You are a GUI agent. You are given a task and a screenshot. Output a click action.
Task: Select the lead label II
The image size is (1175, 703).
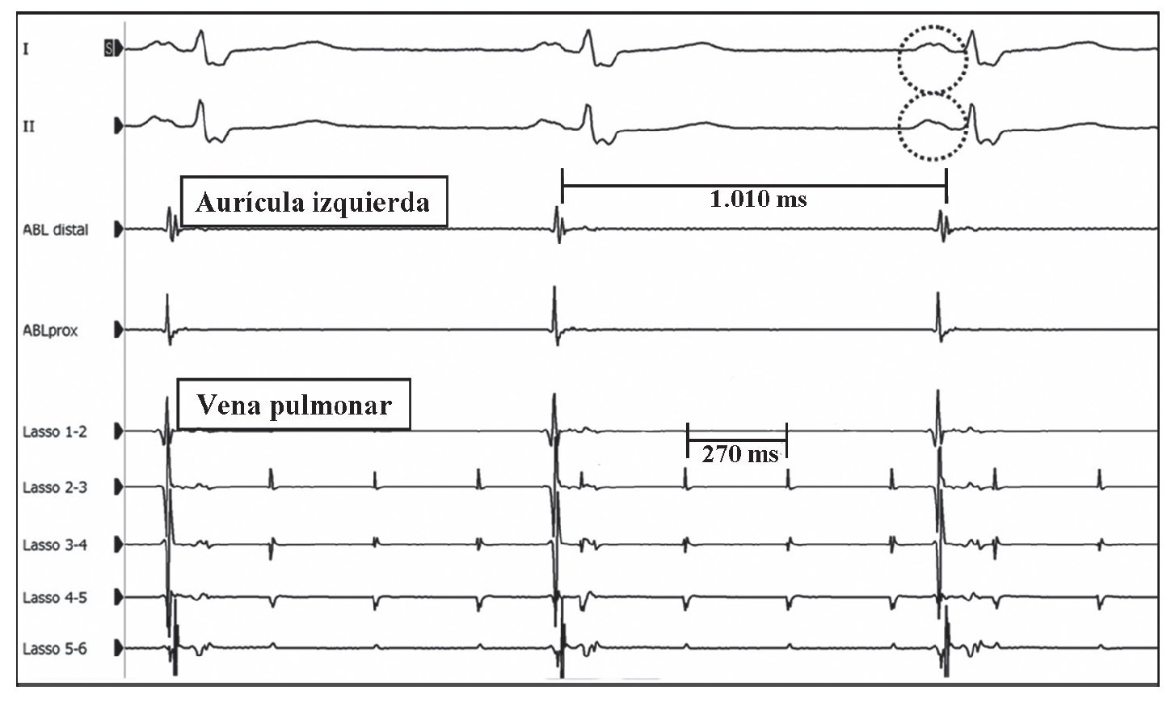tap(28, 127)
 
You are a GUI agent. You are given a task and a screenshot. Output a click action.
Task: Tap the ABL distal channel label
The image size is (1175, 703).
tap(55, 230)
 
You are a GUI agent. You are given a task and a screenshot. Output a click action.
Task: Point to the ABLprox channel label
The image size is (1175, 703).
tap(50, 330)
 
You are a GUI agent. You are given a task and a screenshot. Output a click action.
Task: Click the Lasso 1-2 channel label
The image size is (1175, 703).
tap(54, 432)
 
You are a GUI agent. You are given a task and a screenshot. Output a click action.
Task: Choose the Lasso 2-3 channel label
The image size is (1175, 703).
tap(54, 488)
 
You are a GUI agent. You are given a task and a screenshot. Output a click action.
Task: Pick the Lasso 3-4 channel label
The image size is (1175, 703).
tap(54, 545)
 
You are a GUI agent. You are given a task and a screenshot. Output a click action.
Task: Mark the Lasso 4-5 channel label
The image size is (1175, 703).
tap(54, 599)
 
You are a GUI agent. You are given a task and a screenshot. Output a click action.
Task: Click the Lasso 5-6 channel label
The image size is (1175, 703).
tap(54, 649)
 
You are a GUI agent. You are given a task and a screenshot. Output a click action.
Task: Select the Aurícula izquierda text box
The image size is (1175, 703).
tap(313, 201)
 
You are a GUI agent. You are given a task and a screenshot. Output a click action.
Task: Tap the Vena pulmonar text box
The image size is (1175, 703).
tap(293, 404)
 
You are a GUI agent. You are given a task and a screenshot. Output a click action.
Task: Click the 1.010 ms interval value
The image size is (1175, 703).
tap(757, 199)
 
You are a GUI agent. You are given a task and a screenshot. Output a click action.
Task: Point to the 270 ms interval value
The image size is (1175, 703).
tap(739, 454)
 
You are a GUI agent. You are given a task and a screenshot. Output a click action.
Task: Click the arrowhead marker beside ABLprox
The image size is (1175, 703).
tap(120, 330)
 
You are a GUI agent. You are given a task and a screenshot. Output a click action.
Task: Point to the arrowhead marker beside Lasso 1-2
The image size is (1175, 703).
tap(120, 432)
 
